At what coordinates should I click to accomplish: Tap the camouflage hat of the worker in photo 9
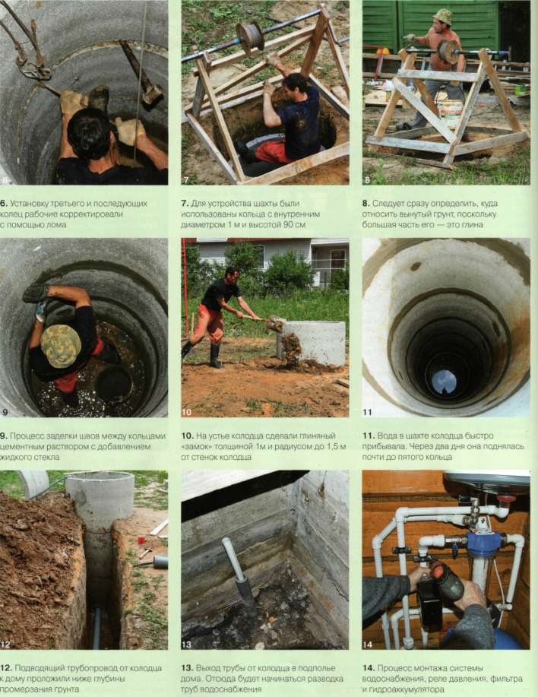[61, 346]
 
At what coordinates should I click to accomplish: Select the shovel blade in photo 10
[275, 323]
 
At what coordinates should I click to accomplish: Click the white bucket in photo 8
[450, 113]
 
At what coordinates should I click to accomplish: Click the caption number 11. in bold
[369, 436]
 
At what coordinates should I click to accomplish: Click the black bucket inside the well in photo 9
[115, 384]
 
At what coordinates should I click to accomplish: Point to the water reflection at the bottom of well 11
[445, 382]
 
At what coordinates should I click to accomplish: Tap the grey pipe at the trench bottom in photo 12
[97, 628]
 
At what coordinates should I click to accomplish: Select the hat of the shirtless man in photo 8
[442, 17]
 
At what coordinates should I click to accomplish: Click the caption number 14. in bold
[369, 668]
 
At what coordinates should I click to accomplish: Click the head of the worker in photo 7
[296, 84]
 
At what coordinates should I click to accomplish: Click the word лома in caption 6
[56, 225]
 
